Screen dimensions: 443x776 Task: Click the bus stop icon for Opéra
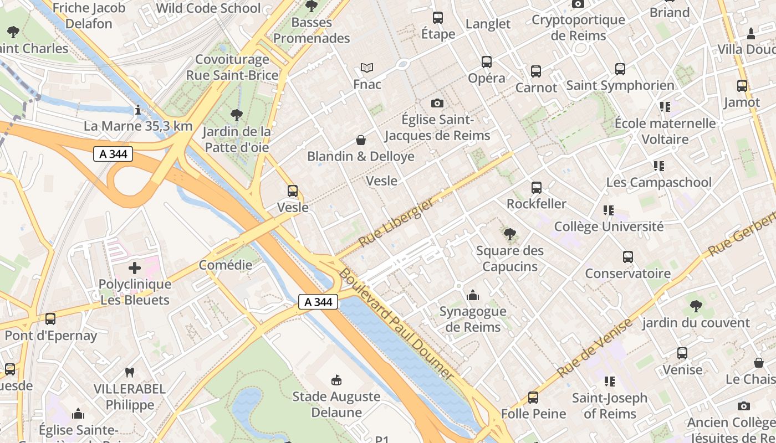click(487, 62)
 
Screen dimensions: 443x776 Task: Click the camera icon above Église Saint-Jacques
click(437, 104)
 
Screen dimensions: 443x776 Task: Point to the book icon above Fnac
click(367, 68)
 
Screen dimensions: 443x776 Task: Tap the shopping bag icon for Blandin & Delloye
click(361, 140)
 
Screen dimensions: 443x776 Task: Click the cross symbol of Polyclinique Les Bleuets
click(135, 269)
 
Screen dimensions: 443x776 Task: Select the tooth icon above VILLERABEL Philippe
click(130, 373)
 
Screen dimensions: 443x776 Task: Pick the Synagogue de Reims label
click(473, 319)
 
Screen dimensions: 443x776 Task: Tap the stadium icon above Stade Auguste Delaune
click(336, 380)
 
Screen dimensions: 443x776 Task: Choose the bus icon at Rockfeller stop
click(536, 188)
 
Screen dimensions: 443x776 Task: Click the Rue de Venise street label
click(594, 349)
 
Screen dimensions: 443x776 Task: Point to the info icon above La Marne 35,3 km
click(138, 110)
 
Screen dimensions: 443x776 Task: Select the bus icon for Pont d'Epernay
click(50, 319)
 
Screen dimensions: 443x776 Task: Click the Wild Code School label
click(208, 8)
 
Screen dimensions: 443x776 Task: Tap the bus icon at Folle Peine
click(533, 398)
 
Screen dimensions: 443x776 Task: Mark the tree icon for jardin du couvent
click(696, 306)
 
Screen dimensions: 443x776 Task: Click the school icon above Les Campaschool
click(658, 166)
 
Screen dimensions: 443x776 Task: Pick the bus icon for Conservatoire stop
click(627, 257)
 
